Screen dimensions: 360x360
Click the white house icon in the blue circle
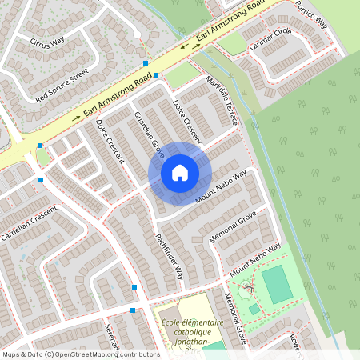point(180,173)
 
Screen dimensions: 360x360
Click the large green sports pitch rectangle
point(277,285)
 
